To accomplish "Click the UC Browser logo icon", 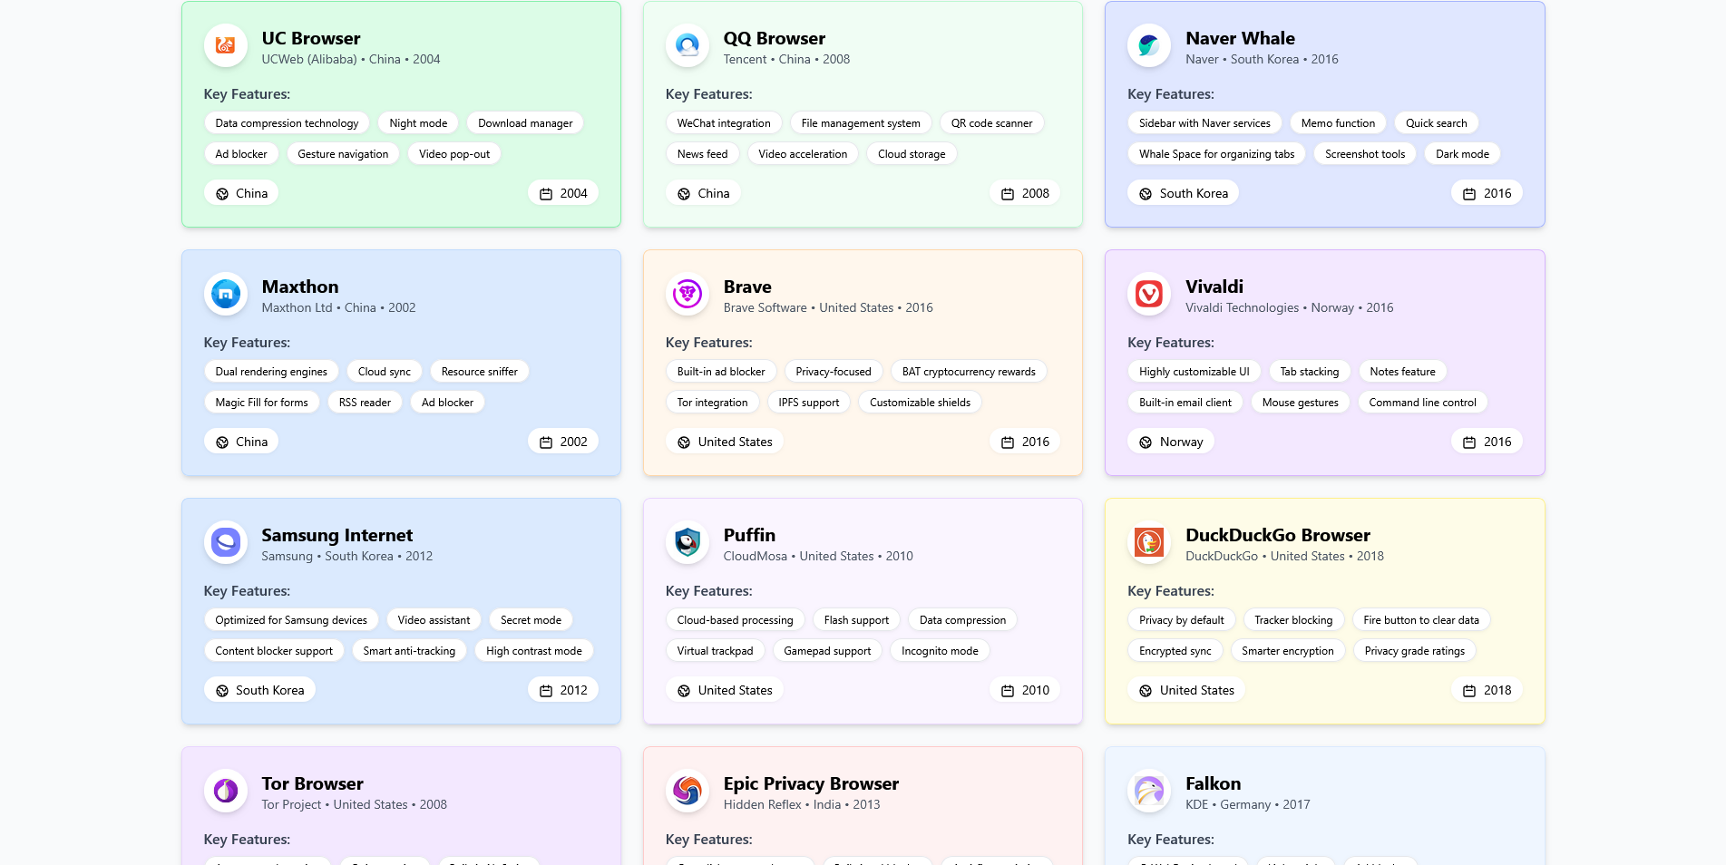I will point(226,45).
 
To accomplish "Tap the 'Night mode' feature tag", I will point(418,123).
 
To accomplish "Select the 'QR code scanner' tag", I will point(991,123).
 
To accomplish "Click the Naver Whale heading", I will point(1239,38).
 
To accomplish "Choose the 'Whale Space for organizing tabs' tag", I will point(1216,154).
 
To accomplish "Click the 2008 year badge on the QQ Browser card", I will point(1025,193).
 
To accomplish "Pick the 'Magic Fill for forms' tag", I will point(261,403).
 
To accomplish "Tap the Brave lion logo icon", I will point(687,294).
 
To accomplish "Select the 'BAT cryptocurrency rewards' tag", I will point(968,372).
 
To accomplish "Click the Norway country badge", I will point(1171,442).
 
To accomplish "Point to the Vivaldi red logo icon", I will point(1149,294).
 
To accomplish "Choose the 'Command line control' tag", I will point(1421,403).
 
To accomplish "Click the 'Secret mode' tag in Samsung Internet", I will point(531,620).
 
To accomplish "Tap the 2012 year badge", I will point(563,690).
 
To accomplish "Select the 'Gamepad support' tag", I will point(826,651).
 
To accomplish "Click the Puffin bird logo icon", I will point(687,542).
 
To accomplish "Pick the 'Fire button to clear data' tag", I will point(1420,620).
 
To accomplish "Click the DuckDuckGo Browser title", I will point(1277,535).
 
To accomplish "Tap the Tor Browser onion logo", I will point(226,791).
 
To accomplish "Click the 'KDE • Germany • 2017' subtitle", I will point(1247,804).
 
